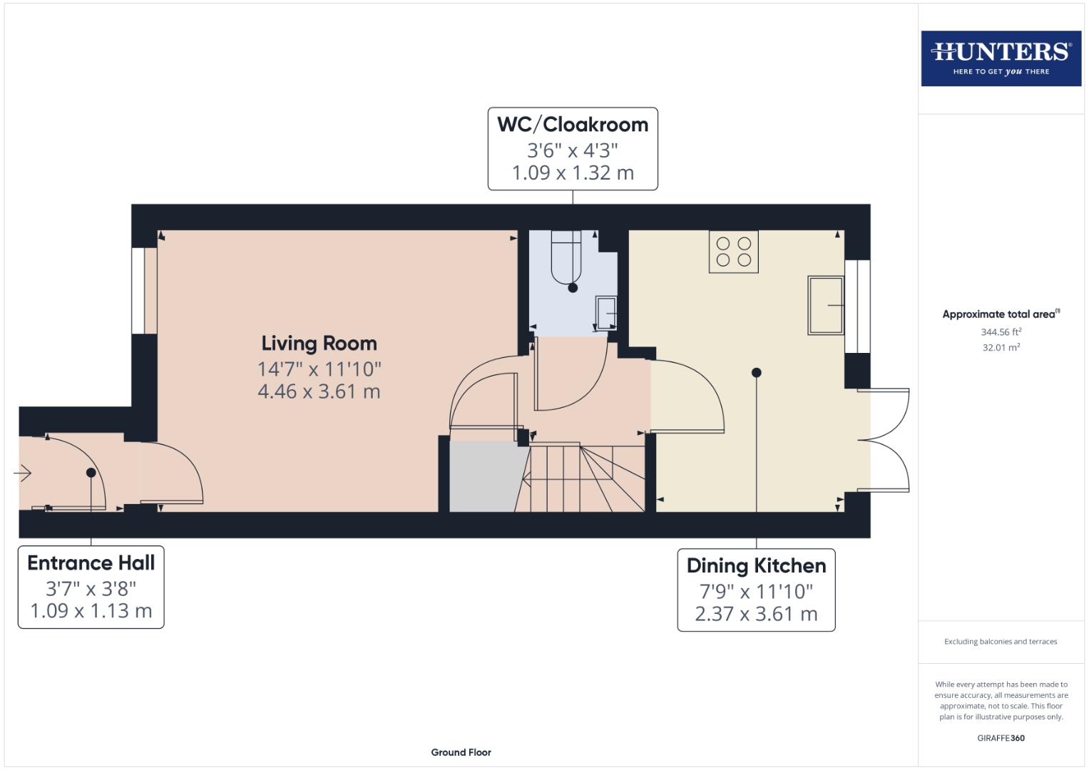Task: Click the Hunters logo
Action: click(1001, 58)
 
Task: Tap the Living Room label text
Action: click(319, 344)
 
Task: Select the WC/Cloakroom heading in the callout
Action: click(573, 125)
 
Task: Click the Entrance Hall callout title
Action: click(91, 563)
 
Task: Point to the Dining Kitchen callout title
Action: click(756, 566)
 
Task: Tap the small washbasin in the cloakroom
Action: click(606, 313)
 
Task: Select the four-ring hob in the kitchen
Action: click(733, 252)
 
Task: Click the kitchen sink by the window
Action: click(825, 305)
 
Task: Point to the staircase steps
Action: click(581, 476)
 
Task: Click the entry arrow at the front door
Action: click(23, 473)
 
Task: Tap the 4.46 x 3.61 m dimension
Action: click(319, 391)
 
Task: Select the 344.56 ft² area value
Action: click(1001, 332)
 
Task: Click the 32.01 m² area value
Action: click(1001, 348)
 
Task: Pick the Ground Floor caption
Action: click(461, 752)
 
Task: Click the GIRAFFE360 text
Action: click(1001, 738)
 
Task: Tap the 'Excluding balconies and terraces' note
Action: click(1001, 642)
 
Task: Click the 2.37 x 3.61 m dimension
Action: click(756, 614)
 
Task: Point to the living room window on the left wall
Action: click(144, 290)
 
